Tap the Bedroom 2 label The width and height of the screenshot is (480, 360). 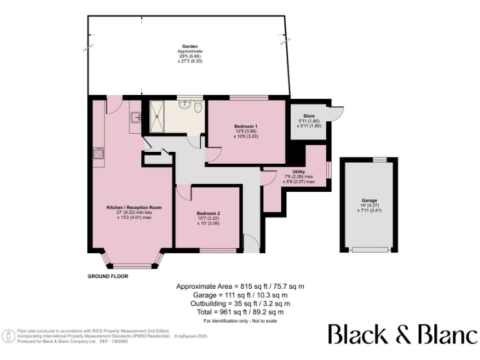(x=208, y=213)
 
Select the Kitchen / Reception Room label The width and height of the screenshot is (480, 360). (x=130, y=207)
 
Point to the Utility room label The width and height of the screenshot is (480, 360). (x=298, y=171)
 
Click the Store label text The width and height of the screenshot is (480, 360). (x=308, y=115)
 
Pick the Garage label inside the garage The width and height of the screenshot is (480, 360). (x=368, y=201)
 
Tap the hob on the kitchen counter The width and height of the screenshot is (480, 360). (x=98, y=154)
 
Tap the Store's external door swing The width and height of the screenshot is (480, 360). (x=337, y=112)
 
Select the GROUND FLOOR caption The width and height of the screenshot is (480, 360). (x=107, y=276)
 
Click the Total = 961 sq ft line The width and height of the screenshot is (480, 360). (x=240, y=312)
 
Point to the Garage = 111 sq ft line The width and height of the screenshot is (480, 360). (x=240, y=294)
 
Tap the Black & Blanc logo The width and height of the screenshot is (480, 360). (x=402, y=334)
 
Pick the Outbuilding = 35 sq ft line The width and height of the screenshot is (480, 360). (x=240, y=303)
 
